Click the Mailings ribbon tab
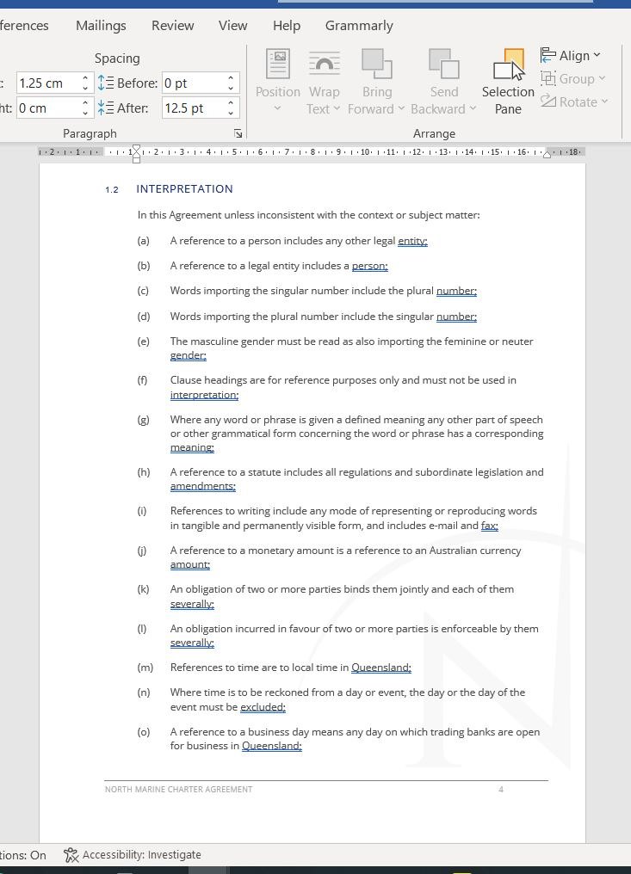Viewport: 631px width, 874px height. (x=101, y=26)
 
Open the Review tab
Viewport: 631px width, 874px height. (x=172, y=26)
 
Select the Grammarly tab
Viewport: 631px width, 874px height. (x=359, y=26)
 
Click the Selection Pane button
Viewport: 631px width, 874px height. (x=508, y=83)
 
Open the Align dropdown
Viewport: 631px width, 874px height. (x=571, y=56)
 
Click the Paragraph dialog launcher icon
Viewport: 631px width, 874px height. (x=238, y=134)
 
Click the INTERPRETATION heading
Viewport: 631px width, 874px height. (x=184, y=189)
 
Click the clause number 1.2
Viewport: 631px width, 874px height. (x=112, y=190)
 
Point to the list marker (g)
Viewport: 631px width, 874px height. (x=143, y=420)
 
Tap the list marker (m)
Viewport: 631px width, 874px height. (x=145, y=668)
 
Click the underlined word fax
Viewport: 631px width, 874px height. (x=490, y=526)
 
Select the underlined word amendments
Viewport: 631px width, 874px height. (x=202, y=487)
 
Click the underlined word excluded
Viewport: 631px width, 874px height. (x=263, y=707)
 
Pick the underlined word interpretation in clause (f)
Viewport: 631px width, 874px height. (x=204, y=395)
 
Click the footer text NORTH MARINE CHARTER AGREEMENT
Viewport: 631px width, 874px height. (x=178, y=789)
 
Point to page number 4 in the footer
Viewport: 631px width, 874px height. (x=501, y=789)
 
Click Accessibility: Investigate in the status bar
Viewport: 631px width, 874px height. (x=133, y=855)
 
